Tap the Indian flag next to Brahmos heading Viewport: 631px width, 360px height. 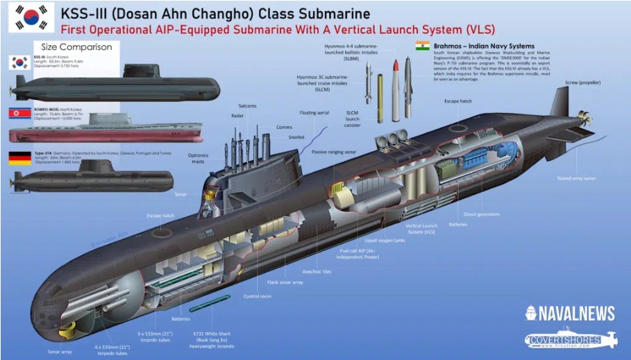click(x=421, y=45)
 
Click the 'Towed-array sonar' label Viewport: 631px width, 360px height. click(x=576, y=178)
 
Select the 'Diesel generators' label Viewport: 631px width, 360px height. click(x=482, y=214)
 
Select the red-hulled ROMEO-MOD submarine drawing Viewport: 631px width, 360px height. click(x=104, y=132)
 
